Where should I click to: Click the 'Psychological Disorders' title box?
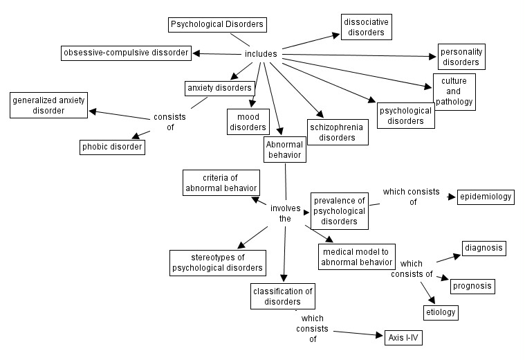(217, 25)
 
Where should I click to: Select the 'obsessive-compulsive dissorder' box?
(125, 53)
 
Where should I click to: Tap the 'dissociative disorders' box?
(366, 27)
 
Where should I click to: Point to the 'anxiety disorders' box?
(219, 89)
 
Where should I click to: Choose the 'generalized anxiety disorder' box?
(48, 106)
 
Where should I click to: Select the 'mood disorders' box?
(248, 122)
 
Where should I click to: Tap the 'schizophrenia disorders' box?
(338, 132)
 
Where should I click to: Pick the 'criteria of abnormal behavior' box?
(221, 182)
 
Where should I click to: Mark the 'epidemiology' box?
(486, 197)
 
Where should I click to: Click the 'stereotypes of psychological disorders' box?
(217, 262)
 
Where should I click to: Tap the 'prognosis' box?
(473, 285)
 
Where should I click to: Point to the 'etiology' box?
(441, 312)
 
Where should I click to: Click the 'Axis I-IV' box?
(403, 338)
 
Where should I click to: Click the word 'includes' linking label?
(261, 54)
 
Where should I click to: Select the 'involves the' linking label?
(284, 213)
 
